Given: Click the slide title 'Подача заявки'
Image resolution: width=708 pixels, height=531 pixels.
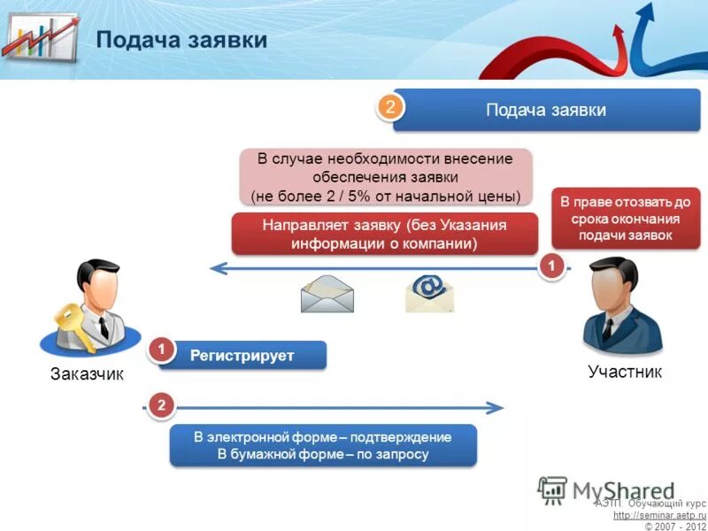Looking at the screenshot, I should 181,41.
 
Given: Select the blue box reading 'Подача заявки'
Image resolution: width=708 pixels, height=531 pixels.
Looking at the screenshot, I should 545,111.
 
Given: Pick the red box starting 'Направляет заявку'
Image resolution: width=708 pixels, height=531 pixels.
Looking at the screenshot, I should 384,234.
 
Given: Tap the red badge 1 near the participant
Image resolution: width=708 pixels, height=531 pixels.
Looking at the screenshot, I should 551,265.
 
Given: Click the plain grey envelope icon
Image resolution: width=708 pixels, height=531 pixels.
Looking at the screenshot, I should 327,295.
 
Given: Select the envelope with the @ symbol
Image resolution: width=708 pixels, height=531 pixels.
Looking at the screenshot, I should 429,294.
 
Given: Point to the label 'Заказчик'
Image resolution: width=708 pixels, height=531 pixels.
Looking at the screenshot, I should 86,374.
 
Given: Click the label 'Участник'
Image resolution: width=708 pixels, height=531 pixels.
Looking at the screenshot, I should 624,372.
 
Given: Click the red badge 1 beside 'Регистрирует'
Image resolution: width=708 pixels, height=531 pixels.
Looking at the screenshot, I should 161,351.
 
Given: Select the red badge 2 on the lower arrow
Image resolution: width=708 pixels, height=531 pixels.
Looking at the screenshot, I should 161,406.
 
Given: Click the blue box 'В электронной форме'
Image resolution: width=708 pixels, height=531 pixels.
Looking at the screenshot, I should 323,446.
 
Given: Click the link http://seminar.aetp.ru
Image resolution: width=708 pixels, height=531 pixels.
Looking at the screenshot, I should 659,514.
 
